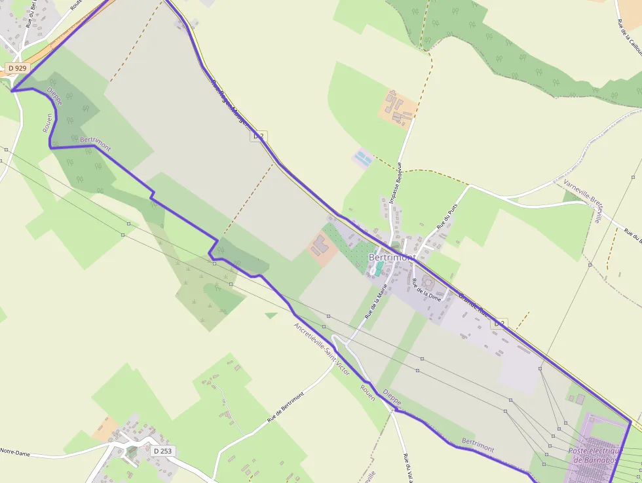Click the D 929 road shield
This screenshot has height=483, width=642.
coord(18,68)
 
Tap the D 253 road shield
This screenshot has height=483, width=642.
coord(162,451)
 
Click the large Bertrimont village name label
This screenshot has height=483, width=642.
coord(392,258)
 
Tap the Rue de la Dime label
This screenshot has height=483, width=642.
coord(426,290)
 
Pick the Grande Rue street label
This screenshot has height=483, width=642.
coord(474,305)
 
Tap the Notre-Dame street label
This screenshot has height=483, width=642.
coord(16,451)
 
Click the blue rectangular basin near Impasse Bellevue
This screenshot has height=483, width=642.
coord(362,158)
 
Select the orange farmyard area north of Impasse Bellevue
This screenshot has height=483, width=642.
coord(397,109)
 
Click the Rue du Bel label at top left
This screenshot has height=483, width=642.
coord(30,13)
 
